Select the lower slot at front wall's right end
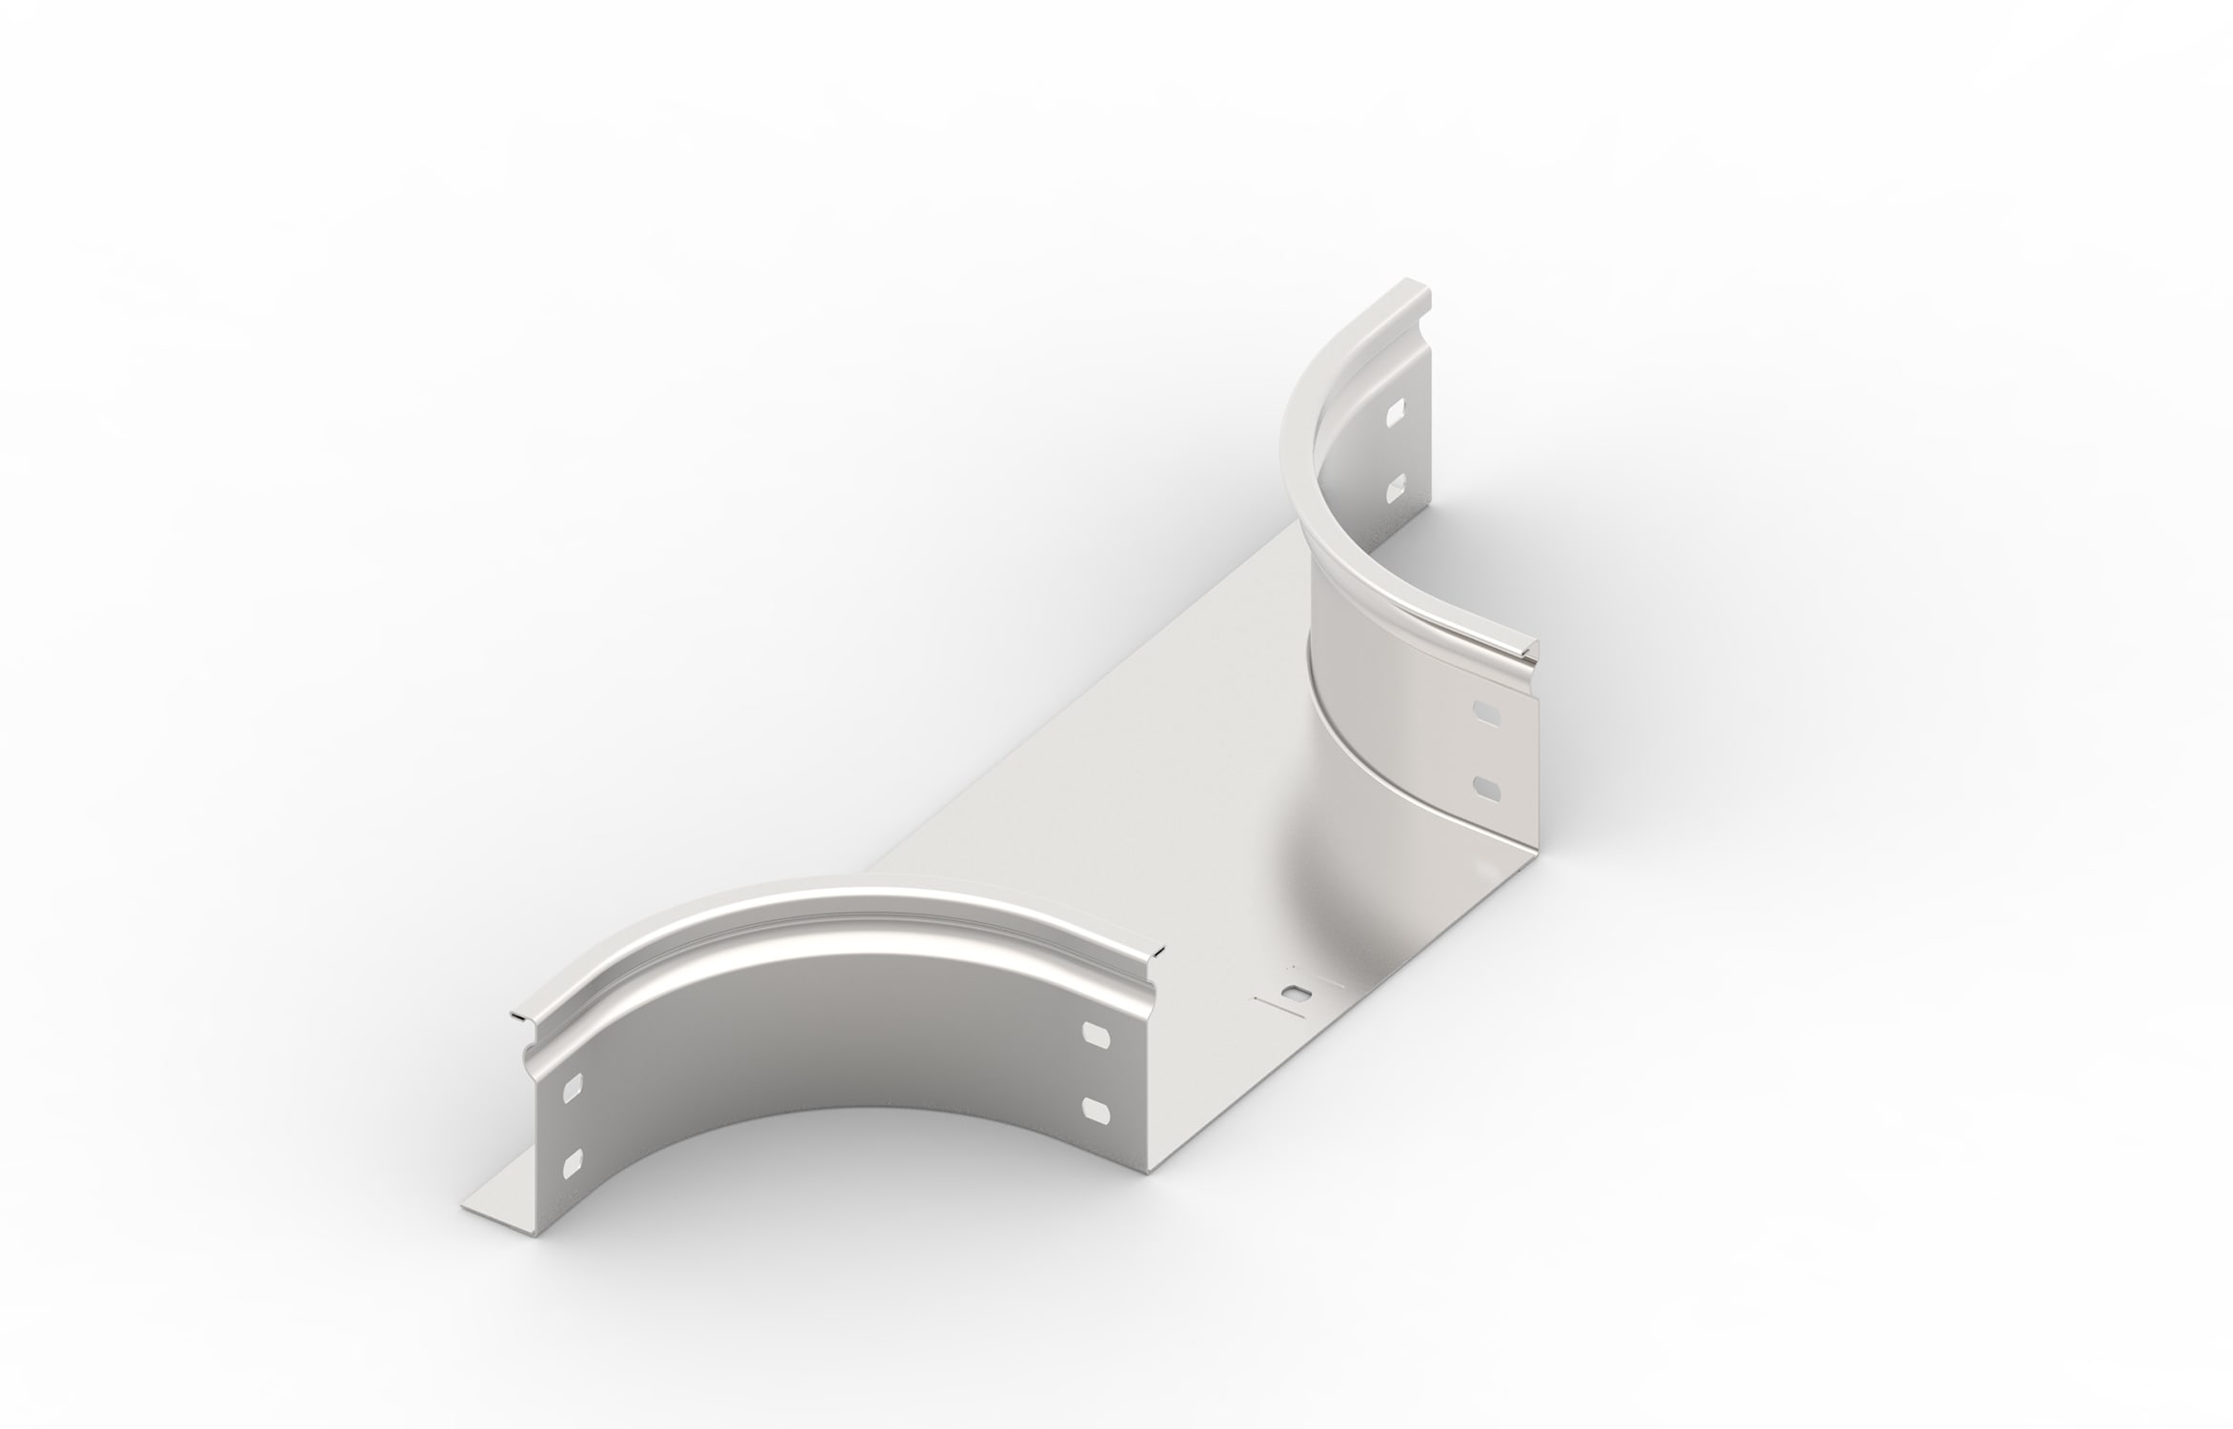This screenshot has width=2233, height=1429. click(1096, 1106)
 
